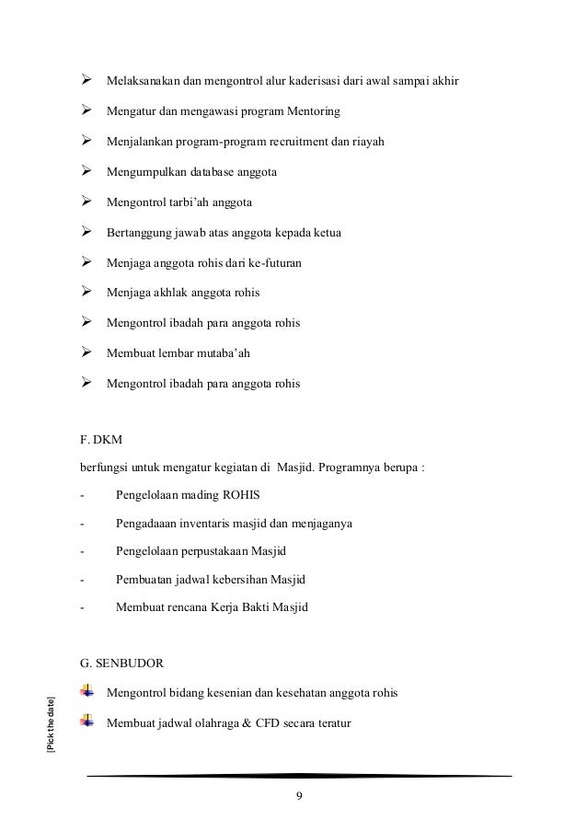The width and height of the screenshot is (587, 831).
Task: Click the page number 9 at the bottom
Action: coord(299,796)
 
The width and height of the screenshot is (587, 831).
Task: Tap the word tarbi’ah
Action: coord(203,202)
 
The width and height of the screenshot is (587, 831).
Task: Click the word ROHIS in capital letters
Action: coord(239,493)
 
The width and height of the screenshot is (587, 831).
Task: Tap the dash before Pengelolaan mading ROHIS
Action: coord(83,494)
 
